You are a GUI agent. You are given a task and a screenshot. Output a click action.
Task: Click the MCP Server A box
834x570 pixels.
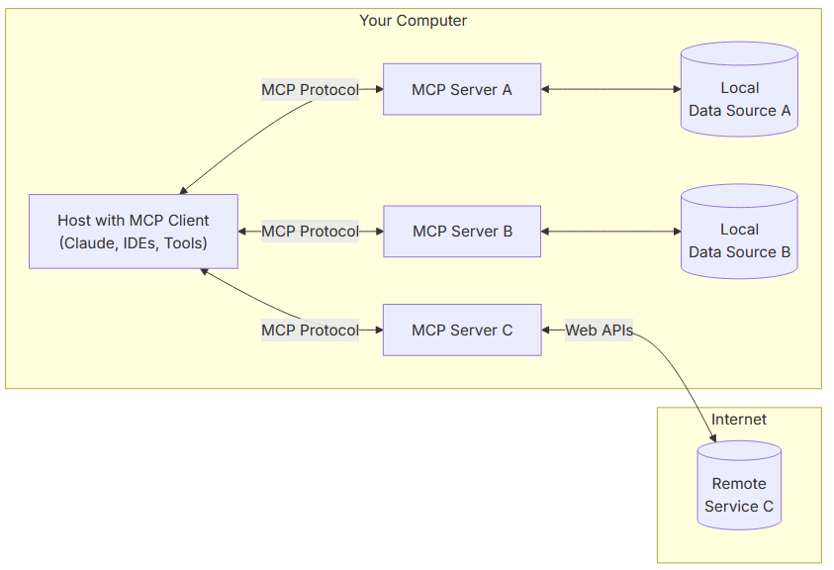pos(462,89)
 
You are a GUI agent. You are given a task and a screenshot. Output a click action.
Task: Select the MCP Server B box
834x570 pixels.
pos(462,231)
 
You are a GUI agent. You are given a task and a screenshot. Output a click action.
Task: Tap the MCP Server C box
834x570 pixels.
pos(462,330)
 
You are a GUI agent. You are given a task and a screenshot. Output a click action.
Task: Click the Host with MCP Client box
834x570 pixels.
pos(134,231)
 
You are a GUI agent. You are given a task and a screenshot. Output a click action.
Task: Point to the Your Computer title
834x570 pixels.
pos(413,21)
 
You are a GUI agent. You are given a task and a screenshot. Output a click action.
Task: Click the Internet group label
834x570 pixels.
pos(738,420)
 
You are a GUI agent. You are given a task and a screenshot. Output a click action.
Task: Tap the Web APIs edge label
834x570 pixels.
pos(599,330)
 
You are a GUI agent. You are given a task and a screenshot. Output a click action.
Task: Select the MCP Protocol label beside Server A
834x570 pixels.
pos(310,89)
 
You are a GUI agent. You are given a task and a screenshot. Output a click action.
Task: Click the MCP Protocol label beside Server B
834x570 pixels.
pos(310,231)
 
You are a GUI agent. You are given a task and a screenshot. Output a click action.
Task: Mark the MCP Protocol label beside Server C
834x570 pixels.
pos(310,330)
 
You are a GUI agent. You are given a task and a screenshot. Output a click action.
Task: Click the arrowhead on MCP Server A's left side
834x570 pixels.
pos(377,89)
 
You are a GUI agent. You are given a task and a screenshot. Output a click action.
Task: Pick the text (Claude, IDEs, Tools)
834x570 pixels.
pos(134,242)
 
